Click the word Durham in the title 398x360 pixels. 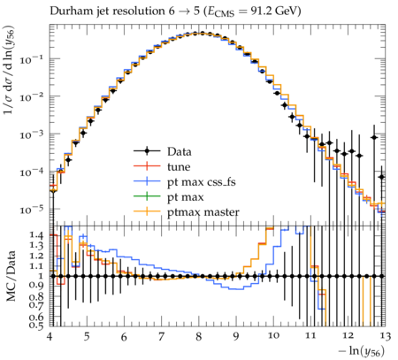[69, 11]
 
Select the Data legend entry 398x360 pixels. [163, 151]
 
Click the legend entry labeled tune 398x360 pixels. [162, 167]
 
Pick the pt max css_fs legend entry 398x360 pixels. [185, 182]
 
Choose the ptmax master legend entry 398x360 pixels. [187, 212]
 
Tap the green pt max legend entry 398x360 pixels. [169, 197]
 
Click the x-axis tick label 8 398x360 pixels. [199, 336]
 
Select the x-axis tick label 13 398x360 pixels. [384, 336]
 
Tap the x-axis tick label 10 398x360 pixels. [273, 336]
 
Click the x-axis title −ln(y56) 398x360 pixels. [362, 351]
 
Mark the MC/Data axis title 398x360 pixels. [11, 276]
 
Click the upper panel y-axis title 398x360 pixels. [9, 70]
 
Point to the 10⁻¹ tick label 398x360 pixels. [32, 59]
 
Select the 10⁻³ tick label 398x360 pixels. [32, 134]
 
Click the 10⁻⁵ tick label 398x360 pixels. [32, 210]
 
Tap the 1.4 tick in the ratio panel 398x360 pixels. [36, 235]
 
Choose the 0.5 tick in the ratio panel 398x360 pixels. [36, 326]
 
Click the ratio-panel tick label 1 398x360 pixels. [41, 276]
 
